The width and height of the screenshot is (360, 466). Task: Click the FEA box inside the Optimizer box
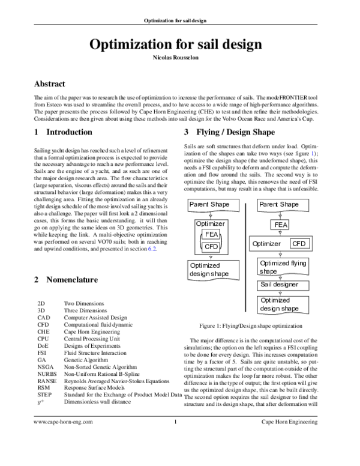click(x=211, y=234)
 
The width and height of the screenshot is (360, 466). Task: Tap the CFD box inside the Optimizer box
click(x=211, y=247)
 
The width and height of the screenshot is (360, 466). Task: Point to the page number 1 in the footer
click(x=175, y=455)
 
